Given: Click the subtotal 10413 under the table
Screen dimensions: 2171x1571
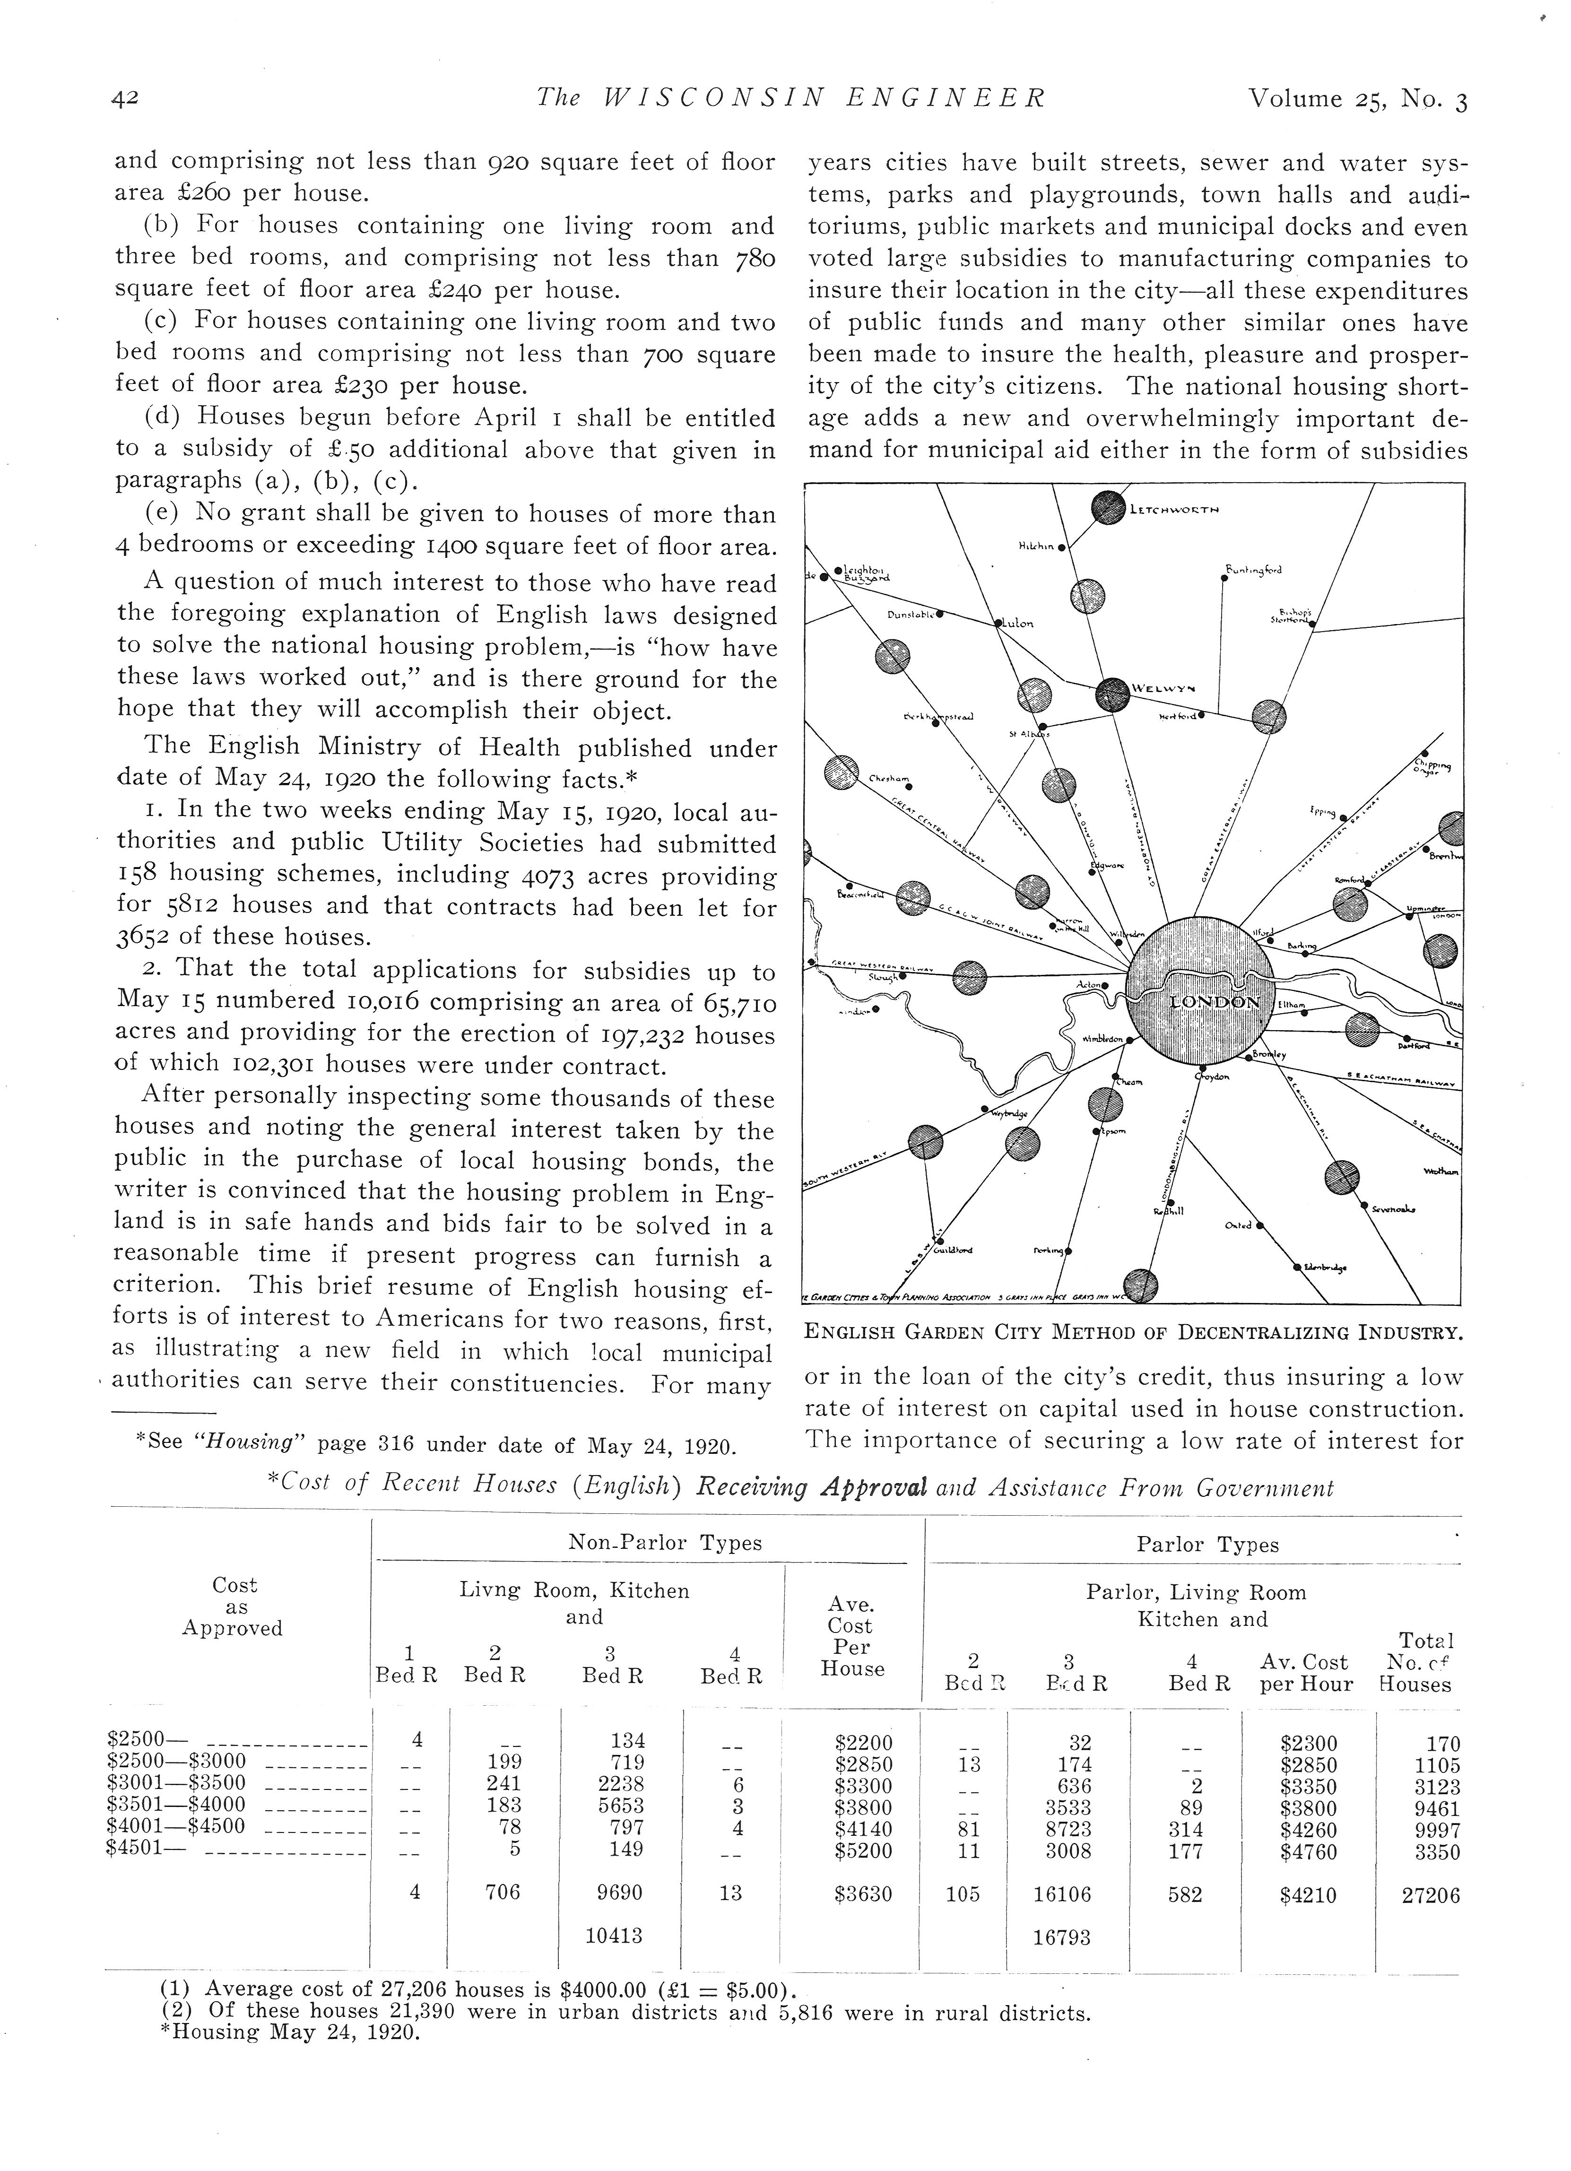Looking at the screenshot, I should (x=614, y=1936).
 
